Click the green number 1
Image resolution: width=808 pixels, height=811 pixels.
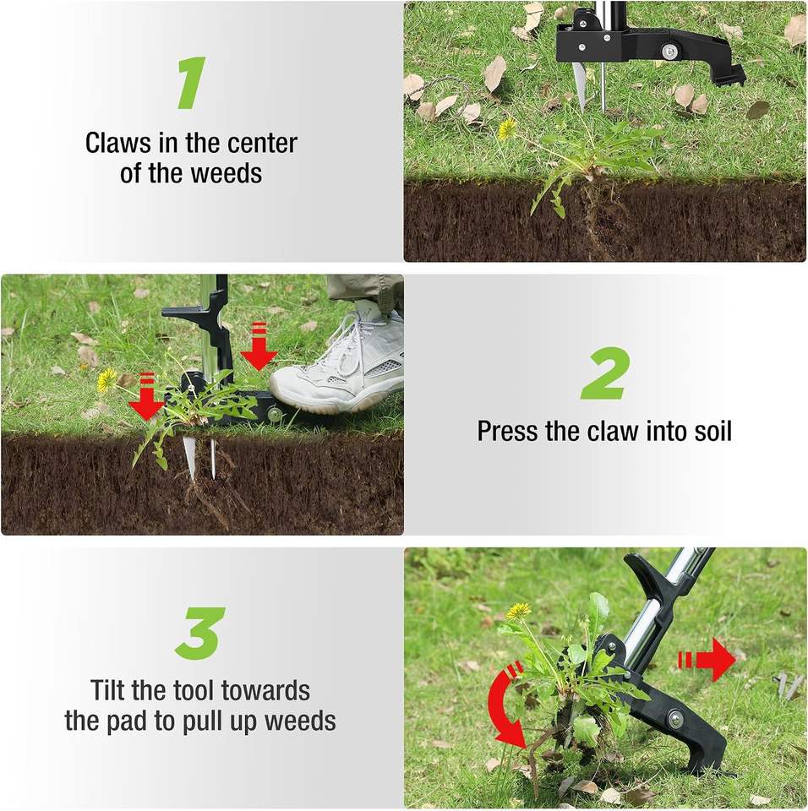[x=192, y=83]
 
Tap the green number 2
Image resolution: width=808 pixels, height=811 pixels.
[x=605, y=373]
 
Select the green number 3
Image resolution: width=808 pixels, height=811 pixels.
[x=199, y=633]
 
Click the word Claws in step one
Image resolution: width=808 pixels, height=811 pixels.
[x=118, y=143]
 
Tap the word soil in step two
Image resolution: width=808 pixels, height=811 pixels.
[x=712, y=431]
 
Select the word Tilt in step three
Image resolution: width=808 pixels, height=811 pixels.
[x=108, y=690]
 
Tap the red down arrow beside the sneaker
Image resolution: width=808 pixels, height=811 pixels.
[x=259, y=346]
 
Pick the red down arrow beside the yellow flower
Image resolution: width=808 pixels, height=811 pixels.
[x=146, y=396]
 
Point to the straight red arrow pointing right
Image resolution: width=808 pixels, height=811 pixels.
[x=707, y=660]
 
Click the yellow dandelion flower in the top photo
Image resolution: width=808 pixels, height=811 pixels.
[x=507, y=128]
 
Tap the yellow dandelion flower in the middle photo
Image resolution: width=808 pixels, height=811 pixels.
[x=106, y=380]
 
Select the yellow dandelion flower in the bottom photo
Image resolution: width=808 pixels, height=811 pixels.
[x=518, y=611]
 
